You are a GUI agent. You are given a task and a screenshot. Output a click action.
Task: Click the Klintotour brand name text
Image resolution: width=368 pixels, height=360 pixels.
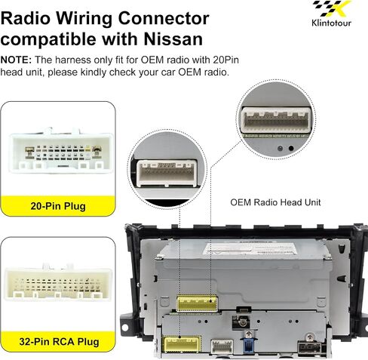coord(331,23)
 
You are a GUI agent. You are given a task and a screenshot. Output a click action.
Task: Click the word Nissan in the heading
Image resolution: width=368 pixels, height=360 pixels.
coord(173,39)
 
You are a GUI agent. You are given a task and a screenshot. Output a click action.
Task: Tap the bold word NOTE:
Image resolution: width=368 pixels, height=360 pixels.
coord(16,60)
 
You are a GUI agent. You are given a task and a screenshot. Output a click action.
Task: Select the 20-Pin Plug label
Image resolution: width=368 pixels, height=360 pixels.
coord(58,206)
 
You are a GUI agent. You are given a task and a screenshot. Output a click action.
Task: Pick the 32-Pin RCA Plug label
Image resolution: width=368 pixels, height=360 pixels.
coord(59,342)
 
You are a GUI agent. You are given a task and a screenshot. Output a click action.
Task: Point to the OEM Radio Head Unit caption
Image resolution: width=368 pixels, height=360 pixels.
coord(275,202)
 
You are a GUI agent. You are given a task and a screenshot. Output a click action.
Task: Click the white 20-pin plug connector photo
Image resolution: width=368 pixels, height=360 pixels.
coord(61,150)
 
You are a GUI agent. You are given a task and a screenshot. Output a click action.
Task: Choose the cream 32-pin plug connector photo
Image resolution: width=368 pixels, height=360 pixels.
coord(58,282)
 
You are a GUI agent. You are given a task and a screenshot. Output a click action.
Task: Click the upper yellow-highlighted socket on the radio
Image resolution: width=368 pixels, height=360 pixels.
coord(197,303)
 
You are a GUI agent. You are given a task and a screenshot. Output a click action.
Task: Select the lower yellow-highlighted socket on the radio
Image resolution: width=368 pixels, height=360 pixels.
coord(182,344)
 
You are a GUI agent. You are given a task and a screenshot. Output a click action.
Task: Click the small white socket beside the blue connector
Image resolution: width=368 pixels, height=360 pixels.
coord(222,346)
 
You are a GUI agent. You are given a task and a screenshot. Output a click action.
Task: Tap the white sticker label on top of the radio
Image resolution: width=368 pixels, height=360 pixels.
coord(251,248)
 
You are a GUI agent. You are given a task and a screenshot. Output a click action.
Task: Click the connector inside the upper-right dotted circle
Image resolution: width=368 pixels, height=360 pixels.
coord(276,120)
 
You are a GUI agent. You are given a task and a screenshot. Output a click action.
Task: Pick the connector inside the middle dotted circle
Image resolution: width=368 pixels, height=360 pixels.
coord(167,173)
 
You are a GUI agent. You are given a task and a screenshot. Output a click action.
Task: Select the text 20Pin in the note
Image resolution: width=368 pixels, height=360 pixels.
coord(225,60)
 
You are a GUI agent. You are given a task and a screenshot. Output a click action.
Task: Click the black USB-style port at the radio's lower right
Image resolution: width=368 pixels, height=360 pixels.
coord(310,348)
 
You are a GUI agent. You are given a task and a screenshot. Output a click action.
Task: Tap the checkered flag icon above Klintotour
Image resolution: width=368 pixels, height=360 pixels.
coord(331,9)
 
